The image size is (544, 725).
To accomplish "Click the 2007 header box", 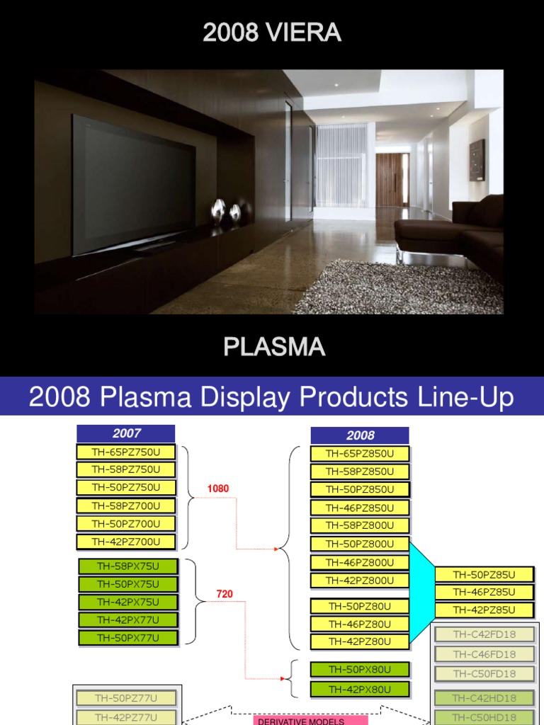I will [x=126, y=433].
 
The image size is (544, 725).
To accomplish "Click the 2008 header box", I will [x=360, y=435].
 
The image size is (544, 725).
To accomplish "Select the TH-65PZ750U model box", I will [x=126, y=451].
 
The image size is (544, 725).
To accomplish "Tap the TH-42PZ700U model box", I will [x=126, y=542].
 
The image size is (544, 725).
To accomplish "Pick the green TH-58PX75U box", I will [x=127, y=566].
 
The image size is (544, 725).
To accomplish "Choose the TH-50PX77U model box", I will [x=127, y=638].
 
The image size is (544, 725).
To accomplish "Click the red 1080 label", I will [x=218, y=489].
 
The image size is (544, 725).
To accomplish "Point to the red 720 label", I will [x=225, y=594].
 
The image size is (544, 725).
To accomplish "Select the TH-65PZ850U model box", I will [x=360, y=454].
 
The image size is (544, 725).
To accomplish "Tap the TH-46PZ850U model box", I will [x=360, y=508].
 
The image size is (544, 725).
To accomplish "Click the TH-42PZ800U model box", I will [x=360, y=581].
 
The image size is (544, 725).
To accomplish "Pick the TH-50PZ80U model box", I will [x=360, y=606].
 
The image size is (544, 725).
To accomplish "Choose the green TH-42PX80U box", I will [x=360, y=688].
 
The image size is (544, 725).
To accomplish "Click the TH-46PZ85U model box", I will [x=484, y=592].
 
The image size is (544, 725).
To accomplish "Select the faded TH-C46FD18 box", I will [x=484, y=654].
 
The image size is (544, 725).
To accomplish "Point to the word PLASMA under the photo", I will [x=274, y=347].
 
